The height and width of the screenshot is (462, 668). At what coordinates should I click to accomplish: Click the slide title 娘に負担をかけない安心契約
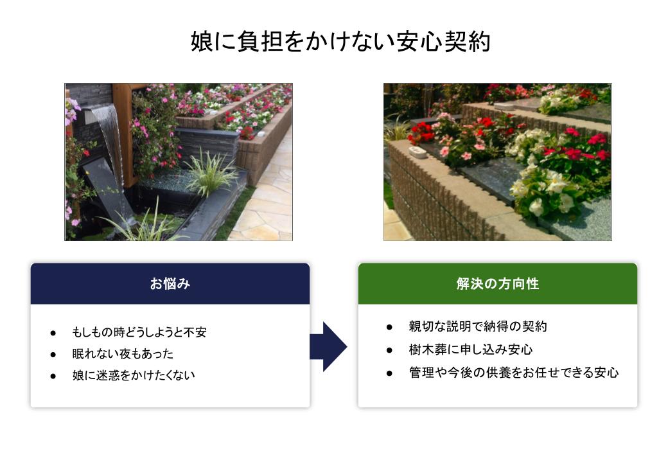tap(340, 42)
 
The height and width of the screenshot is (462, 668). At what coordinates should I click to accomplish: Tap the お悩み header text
tap(170, 283)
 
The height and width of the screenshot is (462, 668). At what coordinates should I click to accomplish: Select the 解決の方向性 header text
tap(498, 283)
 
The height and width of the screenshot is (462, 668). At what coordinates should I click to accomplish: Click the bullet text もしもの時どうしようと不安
tap(139, 332)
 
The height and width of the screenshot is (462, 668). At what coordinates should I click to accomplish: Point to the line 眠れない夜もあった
tap(123, 353)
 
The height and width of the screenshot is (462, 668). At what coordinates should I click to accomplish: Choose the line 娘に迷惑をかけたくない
tap(134, 375)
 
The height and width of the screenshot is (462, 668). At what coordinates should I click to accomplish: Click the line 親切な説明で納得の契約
tap(478, 326)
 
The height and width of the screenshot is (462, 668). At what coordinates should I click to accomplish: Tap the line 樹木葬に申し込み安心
tap(471, 350)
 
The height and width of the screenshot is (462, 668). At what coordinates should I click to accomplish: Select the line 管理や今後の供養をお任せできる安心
tap(513, 373)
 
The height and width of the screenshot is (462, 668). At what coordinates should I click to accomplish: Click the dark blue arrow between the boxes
tap(328, 347)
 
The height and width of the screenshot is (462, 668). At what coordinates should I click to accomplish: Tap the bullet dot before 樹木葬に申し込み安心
tap(389, 350)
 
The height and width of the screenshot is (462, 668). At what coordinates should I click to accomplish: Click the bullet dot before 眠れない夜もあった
tap(53, 354)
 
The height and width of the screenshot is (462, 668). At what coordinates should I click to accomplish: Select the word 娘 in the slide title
tap(202, 42)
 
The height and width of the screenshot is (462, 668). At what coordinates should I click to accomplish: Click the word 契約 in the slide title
tap(468, 42)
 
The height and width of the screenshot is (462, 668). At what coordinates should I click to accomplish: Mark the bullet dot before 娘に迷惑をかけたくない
tap(53, 376)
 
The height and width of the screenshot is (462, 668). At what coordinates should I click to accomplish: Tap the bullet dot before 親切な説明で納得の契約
tap(389, 327)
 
